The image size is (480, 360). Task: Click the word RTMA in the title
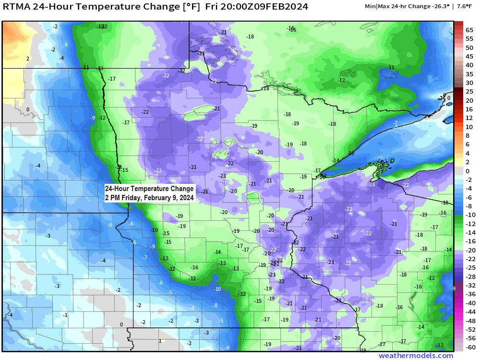coord(19,7)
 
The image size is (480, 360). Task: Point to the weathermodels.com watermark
coord(416,356)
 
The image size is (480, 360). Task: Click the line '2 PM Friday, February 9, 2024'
coord(149,197)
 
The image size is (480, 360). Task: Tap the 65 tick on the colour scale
coord(469,30)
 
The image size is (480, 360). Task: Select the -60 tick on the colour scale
coord(471,347)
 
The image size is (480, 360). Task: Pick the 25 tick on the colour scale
coord(469,92)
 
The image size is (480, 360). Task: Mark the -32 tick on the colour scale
coord(471,285)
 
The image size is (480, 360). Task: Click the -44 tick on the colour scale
coord(471,312)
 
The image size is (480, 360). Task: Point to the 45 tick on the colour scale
coord(469,56)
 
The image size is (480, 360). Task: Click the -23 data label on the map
coord(371,184)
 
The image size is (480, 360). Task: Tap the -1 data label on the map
coord(65,314)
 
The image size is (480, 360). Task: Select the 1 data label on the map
coord(160,341)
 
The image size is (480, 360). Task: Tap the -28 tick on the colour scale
coord(471,276)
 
